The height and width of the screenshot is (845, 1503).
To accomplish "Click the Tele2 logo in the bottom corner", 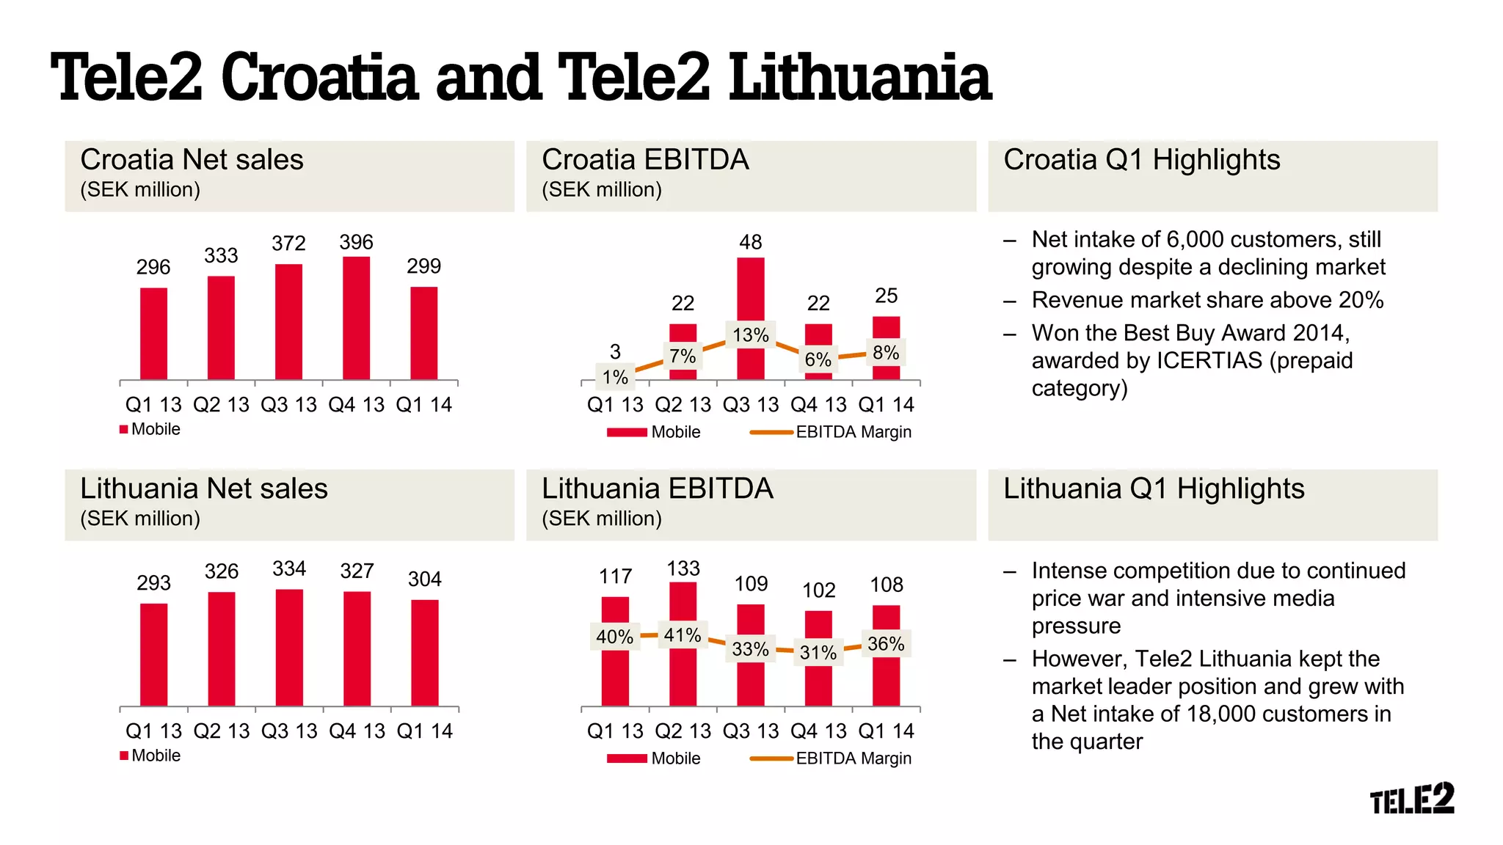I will pyautogui.click(x=1412, y=799).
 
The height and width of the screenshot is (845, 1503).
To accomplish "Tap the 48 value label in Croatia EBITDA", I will pyautogui.click(x=750, y=242).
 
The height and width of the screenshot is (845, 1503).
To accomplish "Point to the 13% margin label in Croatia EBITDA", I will pyautogui.click(x=750, y=335).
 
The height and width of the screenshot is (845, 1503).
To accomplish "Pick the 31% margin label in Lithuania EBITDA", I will pyautogui.click(x=818, y=652).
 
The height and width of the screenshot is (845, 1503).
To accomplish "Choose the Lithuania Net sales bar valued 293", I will pyautogui.click(x=153, y=654).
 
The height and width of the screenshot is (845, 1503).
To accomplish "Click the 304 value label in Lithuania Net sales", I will pyautogui.click(x=424, y=579).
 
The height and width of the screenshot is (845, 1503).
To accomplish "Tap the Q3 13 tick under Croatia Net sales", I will pyautogui.click(x=288, y=405).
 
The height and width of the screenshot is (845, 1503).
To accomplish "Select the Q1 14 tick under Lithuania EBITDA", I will pyautogui.click(x=886, y=731).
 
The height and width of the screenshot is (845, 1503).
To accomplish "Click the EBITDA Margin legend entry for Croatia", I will pyautogui.click(x=853, y=432).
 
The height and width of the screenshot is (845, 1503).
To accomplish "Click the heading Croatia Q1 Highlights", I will pyautogui.click(x=1141, y=160).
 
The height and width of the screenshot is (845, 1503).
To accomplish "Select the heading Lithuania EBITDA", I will pyautogui.click(x=657, y=489).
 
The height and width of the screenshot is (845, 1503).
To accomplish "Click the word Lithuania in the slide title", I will pyautogui.click(x=859, y=78).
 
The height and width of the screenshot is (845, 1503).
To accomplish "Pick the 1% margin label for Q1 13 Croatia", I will pyautogui.click(x=615, y=377).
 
